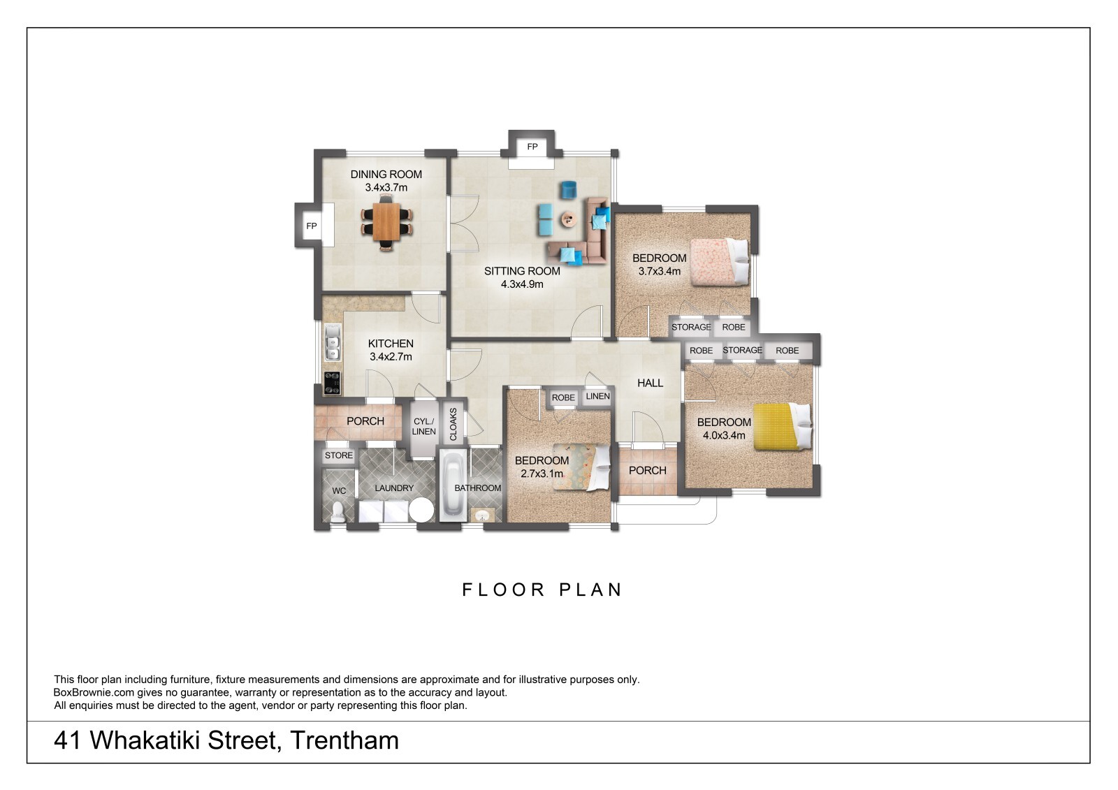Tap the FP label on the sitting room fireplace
coord(532,146)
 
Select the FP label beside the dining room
coord(312,226)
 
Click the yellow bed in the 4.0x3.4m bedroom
coord(782,427)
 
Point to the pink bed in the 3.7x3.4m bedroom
coord(720,262)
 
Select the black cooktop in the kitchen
coord(332,383)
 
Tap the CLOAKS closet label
coord(453,424)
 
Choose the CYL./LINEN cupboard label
coord(423,426)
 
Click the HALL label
coord(650,383)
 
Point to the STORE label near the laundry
coord(339,455)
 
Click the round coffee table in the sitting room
coord(567,219)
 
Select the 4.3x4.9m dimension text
coord(522,284)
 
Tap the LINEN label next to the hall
coord(597,396)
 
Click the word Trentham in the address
coord(344,740)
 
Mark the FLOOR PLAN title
coord(542,590)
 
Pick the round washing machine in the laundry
coord(421,510)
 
